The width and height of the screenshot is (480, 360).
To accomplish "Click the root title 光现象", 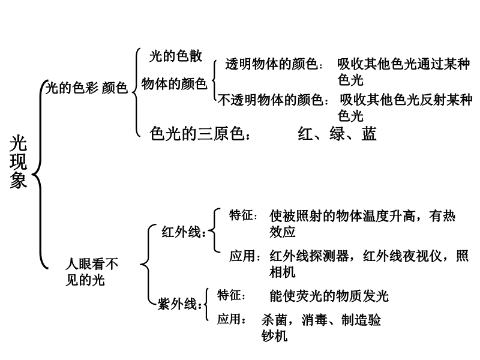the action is click(x=19, y=161).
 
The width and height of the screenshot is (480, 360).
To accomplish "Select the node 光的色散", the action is click(x=176, y=56).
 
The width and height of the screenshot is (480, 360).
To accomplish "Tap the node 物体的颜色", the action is click(x=174, y=83).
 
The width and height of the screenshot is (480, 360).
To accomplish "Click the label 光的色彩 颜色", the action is click(x=86, y=88).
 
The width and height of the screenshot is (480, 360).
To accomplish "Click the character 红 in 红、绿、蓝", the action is click(x=305, y=134).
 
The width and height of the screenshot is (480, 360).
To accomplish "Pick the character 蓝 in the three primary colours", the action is click(x=368, y=134).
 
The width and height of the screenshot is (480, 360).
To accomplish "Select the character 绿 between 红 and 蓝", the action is click(x=337, y=134).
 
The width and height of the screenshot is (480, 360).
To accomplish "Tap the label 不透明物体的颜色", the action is click(x=271, y=100).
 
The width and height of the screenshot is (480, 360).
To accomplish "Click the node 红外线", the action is click(x=181, y=232).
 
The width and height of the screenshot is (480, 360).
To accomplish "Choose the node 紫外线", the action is click(x=177, y=304).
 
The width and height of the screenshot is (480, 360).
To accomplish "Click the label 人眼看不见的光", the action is click(x=92, y=272).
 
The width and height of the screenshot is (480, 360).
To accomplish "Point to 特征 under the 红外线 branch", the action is click(x=242, y=215).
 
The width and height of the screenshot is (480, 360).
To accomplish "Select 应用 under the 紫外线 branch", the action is click(x=229, y=319).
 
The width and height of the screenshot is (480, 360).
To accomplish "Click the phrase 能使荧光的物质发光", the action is click(x=329, y=296).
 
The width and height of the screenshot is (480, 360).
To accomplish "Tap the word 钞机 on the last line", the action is click(x=275, y=336).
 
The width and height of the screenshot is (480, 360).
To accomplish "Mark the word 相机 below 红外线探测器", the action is click(x=282, y=272).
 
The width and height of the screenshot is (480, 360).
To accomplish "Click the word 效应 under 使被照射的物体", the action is click(x=282, y=232).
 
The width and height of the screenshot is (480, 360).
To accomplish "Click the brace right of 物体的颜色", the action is click(x=215, y=80).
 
